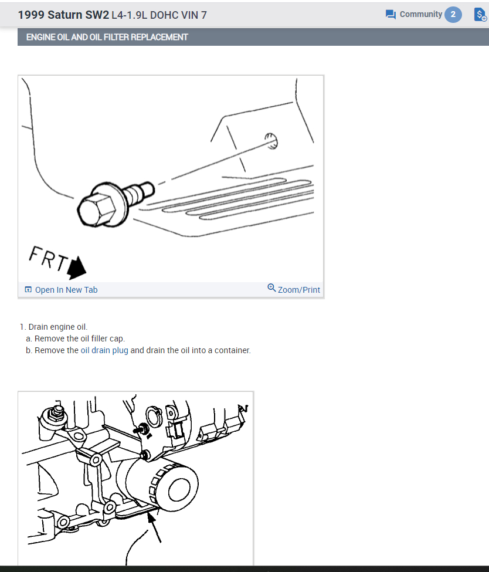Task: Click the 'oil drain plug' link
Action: point(104,351)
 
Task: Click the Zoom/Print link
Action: point(298,290)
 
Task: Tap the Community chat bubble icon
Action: point(390,15)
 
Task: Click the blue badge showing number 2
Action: point(453,15)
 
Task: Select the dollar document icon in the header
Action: point(480,15)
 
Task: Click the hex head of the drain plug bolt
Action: point(97,210)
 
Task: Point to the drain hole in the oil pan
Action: point(271,141)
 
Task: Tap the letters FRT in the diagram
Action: point(48,258)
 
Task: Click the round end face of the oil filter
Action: point(179,486)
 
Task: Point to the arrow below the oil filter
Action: point(154,527)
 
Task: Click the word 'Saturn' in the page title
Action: point(65,15)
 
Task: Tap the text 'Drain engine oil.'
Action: point(58,327)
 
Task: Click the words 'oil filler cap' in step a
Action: point(103,339)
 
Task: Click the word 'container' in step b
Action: point(232,351)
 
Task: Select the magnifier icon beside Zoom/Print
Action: point(271,288)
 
